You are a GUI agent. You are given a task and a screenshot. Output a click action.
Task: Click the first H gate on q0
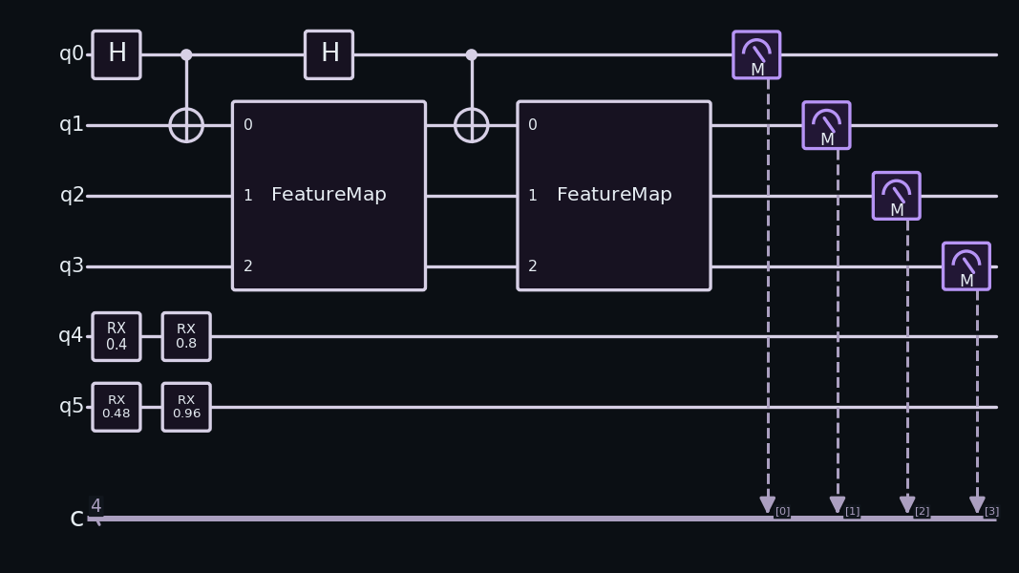(117, 54)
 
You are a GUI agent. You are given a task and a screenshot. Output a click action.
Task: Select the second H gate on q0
(329, 54)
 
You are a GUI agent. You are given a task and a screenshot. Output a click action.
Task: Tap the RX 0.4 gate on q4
(117, 336)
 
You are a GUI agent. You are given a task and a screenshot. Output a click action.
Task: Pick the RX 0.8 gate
(186, 336)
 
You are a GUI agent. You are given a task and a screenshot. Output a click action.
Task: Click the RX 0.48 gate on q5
(117, 407)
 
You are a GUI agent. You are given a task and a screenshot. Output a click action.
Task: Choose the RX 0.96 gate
(186, 407)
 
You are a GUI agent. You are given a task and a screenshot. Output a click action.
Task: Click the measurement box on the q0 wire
(756, 54)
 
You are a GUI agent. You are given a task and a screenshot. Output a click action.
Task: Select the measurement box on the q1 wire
(827, 125)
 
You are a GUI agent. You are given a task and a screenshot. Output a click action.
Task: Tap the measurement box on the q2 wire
(896, 196)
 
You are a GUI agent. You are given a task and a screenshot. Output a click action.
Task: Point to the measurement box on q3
(966, 266)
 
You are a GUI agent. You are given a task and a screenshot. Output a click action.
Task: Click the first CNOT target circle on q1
(186, 125)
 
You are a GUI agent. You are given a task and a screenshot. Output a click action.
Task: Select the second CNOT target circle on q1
(471, 125)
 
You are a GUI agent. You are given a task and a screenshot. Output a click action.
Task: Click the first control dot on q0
(186, 54)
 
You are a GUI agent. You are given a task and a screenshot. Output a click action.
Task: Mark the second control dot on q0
(471, 54)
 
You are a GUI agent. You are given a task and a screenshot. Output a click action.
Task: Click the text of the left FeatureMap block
(329, 194)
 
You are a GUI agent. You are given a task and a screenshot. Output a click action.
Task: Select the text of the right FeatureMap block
(614, 194)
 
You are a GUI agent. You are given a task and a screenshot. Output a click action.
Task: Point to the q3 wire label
(72, 265)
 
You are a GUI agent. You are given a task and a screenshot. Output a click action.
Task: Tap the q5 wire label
(72, 406)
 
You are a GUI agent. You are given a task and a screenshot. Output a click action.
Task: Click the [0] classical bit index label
(782, 511)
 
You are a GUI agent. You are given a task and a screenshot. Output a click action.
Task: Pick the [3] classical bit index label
(991, 511)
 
